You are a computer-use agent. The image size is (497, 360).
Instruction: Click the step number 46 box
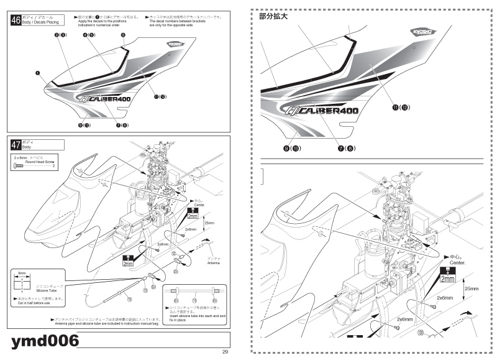coord(16,20)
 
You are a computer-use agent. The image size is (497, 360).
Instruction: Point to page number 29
coord(226,352)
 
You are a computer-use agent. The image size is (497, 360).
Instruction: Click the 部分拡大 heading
coord(273,17)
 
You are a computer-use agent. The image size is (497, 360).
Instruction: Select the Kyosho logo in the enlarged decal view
coord(423,31)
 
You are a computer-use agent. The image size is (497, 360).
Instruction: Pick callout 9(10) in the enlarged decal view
coord(292,149)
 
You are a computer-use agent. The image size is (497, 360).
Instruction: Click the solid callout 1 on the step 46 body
coord(38,72)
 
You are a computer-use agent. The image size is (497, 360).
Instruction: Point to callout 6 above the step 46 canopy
coord(123,35)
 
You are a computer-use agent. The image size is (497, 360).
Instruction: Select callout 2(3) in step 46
coord(60,35)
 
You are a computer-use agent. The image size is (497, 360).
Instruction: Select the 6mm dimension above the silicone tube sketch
coord(21,273)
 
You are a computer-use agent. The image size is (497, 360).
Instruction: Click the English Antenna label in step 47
coord(214,262)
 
